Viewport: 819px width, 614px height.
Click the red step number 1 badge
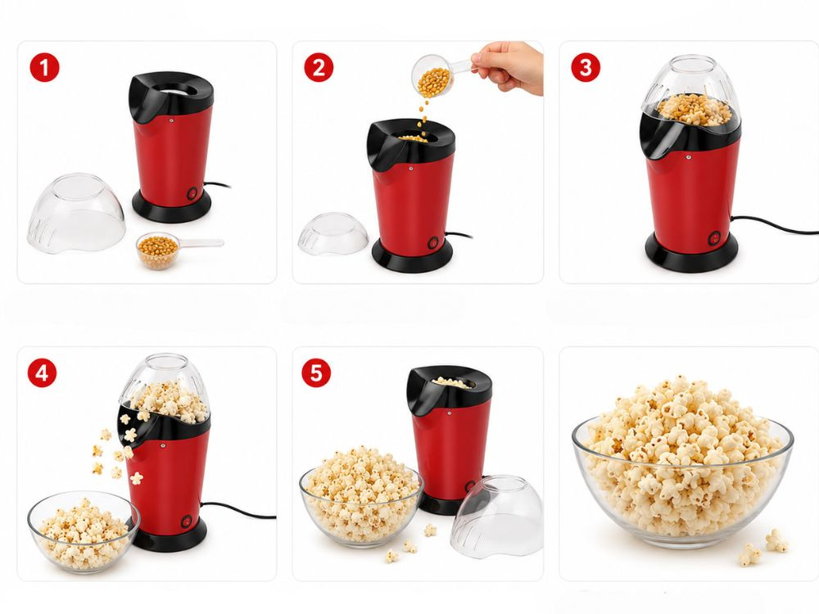pyautogui.click(x=44, y=67)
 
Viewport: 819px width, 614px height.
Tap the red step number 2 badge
pyautogui.click(x=319, y=67)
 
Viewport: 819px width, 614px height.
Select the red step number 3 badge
pyautogui.click(x=586, y=67)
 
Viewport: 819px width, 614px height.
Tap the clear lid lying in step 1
pyautogui.click(x=77, y=214)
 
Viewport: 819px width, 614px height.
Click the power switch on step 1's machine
pyautogui.click(x=192, y=194)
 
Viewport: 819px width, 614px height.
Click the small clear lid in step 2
pyautogui.click(x=333, y=233)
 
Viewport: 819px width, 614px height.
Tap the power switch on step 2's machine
pyautogui.click(x=433, y=242)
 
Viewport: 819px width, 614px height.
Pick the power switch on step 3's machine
pyautogui.click(x=713, y=238)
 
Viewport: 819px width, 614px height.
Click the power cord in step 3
pyautogui.click(x=773, y=223)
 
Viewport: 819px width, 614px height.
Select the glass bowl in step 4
pyautogui.click(x=83, y=533)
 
